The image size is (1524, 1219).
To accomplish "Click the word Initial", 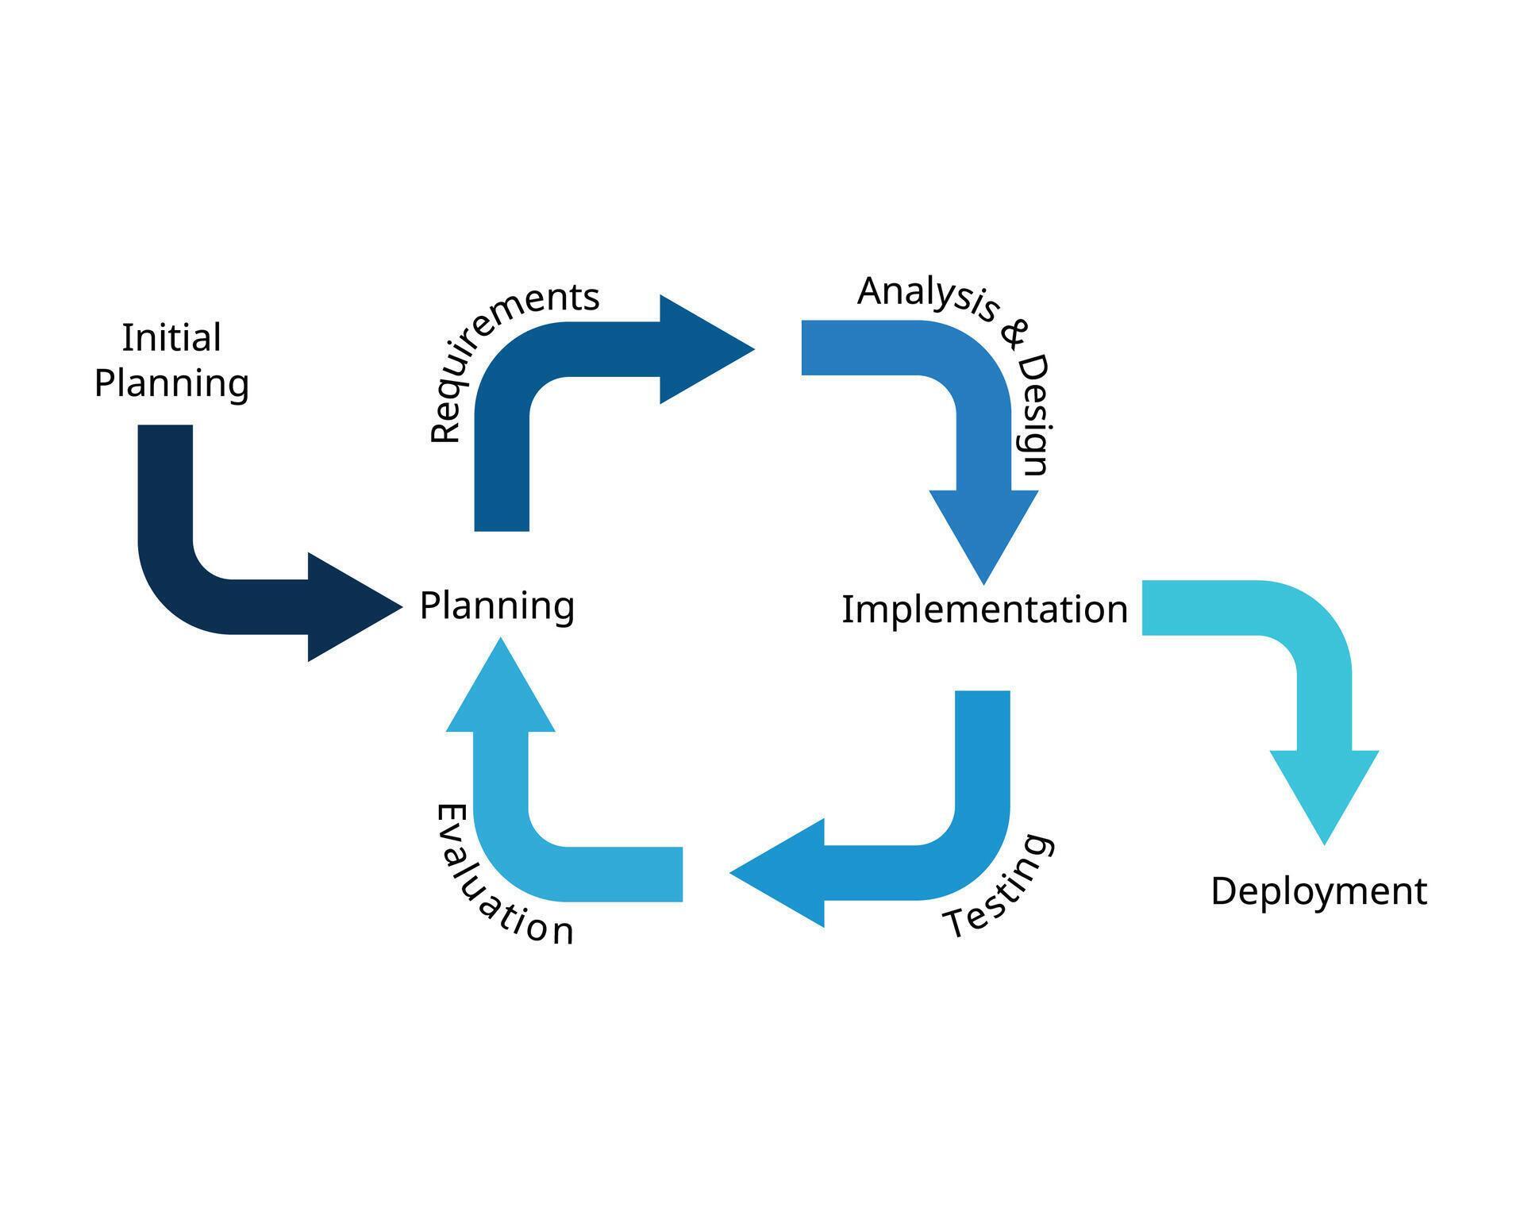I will click(x=171, y=338).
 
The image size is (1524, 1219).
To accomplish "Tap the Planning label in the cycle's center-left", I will click(x=497, y=606).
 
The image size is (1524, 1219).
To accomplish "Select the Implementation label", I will click(x=984, y=609).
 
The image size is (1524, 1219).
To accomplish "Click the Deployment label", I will click(x=1318, y=891).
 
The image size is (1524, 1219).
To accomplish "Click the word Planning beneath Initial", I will click(x=171, y=383).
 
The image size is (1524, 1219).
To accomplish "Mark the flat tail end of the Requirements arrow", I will click(x=502, y=520).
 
